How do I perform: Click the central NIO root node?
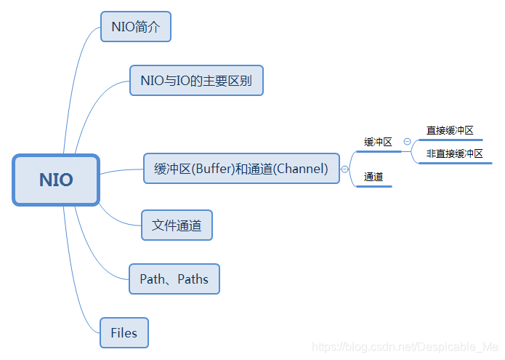click(x=56, y=180)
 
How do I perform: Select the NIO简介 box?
click(x=136, y=27)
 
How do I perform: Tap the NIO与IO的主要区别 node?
click(x=195, y=81)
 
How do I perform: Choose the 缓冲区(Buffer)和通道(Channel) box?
click(x=241, y=169)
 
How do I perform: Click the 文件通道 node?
click(x=177, y=225)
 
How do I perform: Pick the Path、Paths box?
click(x=174, y=279)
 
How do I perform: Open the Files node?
click(x=124, y=333)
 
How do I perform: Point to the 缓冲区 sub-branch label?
click(x=378, y=143)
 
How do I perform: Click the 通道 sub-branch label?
click(x=373, y=177)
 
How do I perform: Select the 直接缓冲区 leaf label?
click(x=450, y=131)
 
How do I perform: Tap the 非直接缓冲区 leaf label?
click(x=454, y=154)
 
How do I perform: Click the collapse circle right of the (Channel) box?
click(x=344, y=169)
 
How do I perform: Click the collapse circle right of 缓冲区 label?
click(x=407, y=142)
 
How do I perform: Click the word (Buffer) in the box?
click(x=211, y=169)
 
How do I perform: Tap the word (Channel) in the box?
click(x=302, y=169)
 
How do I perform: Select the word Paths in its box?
click(x=193, y=279)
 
